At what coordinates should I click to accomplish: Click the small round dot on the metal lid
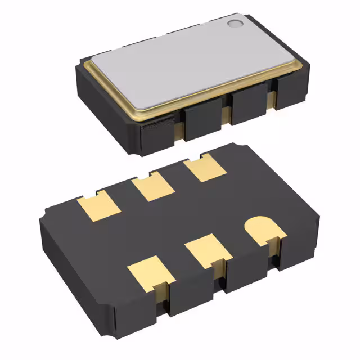coord(234,23)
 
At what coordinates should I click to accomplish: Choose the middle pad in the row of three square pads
coord(152,187)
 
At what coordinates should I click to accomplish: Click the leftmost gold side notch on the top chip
coord(178,130)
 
